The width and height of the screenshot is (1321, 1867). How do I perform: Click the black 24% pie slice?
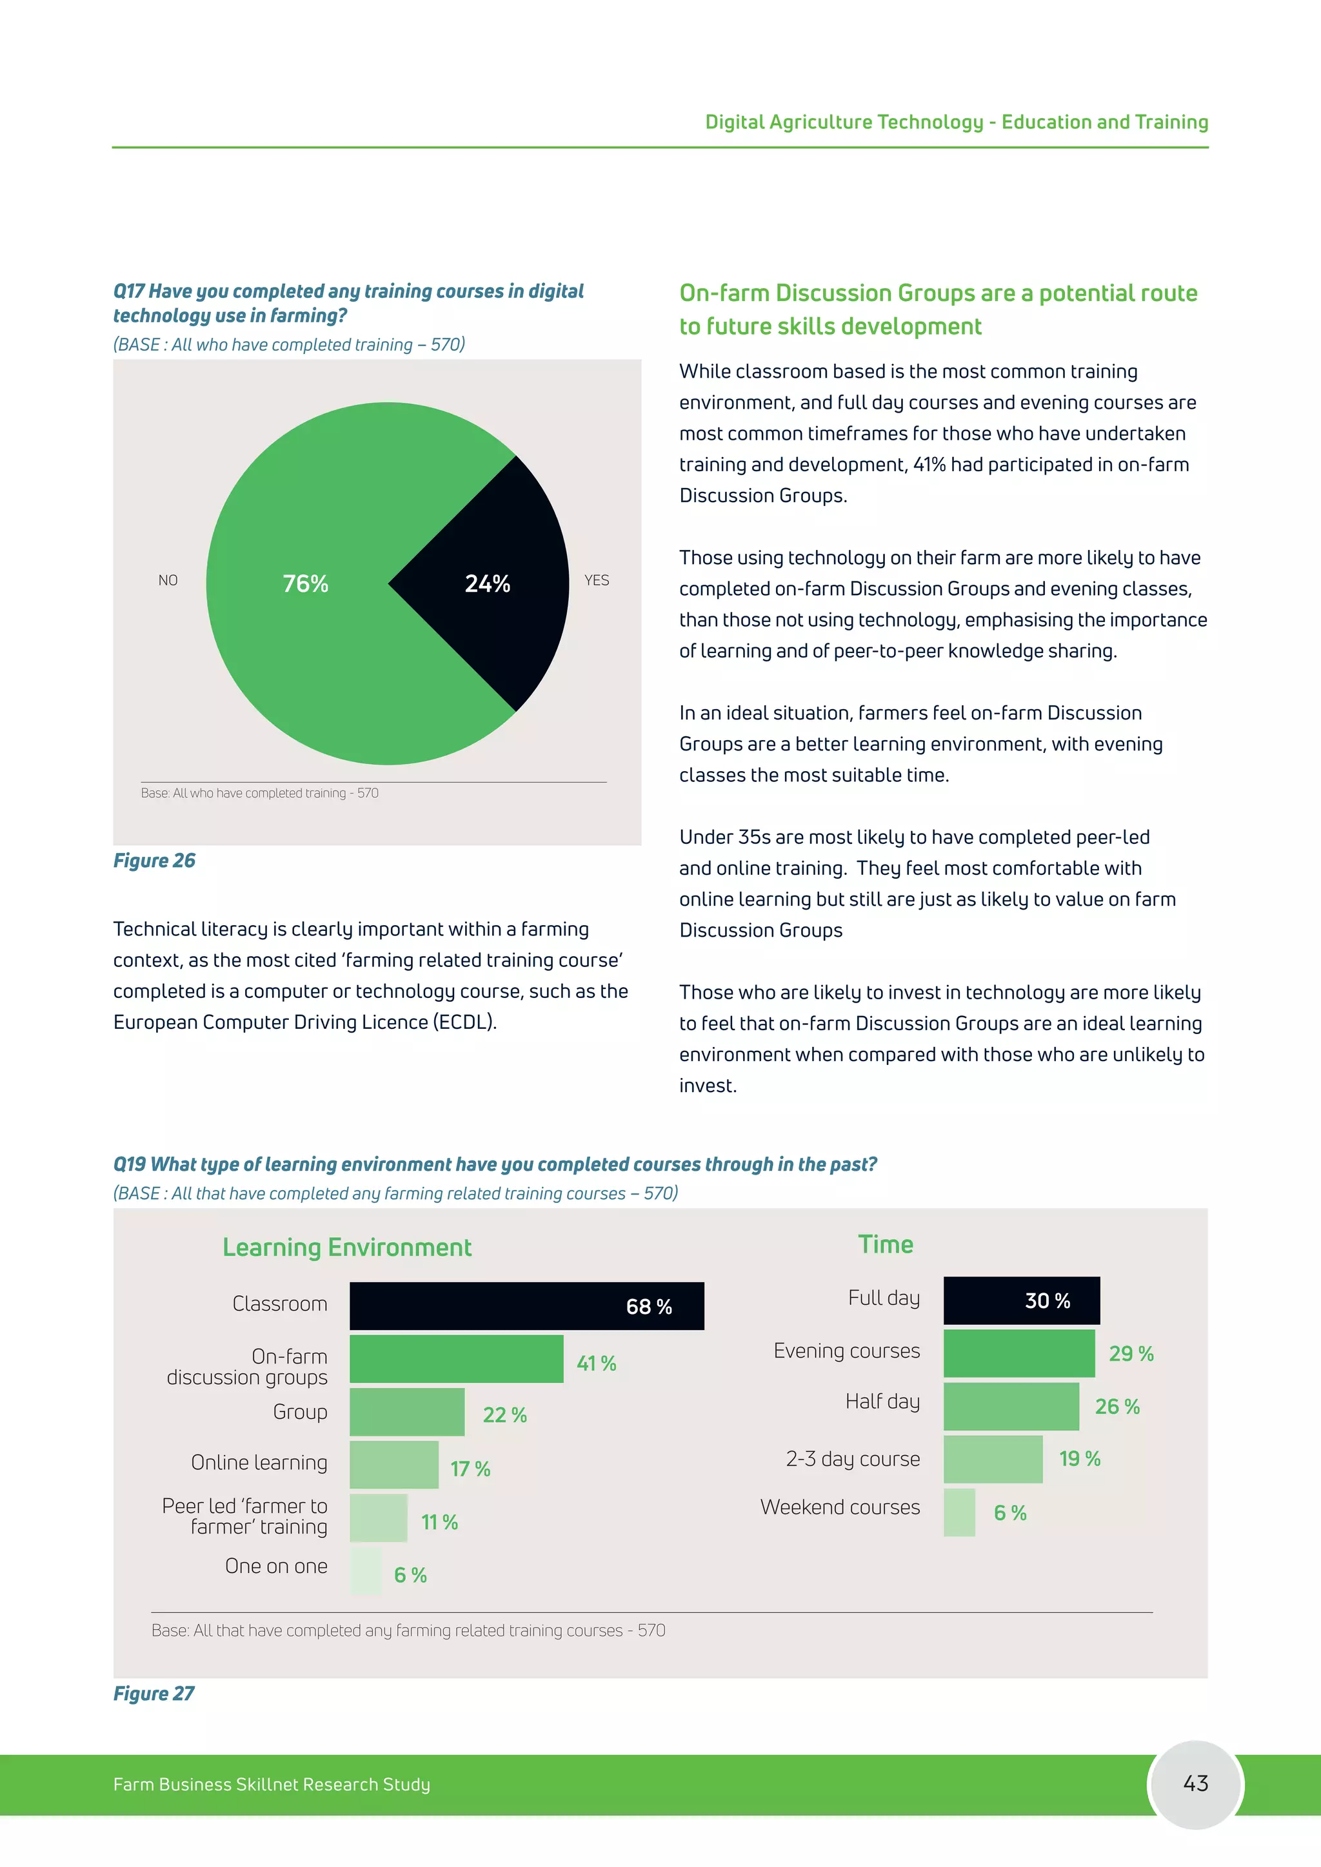pos(488,584)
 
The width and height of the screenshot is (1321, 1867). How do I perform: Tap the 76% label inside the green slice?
pos(305,584)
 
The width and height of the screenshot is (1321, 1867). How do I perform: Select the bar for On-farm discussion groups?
pos(455,1359)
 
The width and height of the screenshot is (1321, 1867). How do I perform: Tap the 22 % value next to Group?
pos(504,1416)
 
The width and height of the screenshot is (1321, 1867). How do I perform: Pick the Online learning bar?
pos(393,1465)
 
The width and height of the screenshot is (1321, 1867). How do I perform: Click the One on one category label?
pos(276,1566)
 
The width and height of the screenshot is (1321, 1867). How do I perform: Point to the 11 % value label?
pos(439,1522)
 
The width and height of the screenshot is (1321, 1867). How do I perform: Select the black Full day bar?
pos(1021,1300)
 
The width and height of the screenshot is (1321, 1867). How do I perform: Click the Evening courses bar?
pos(1018,1353)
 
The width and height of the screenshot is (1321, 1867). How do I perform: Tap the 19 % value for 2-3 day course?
pos(1079,1459)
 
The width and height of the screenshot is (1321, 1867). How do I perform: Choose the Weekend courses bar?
pos(959,1512)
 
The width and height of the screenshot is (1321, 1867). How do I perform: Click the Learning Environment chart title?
pos(346,1247)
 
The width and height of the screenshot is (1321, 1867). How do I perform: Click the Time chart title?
pos(885,1244)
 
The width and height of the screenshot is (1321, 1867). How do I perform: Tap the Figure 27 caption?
pos(154,1693)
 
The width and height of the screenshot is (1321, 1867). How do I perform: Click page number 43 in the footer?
pos(1195,1783)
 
